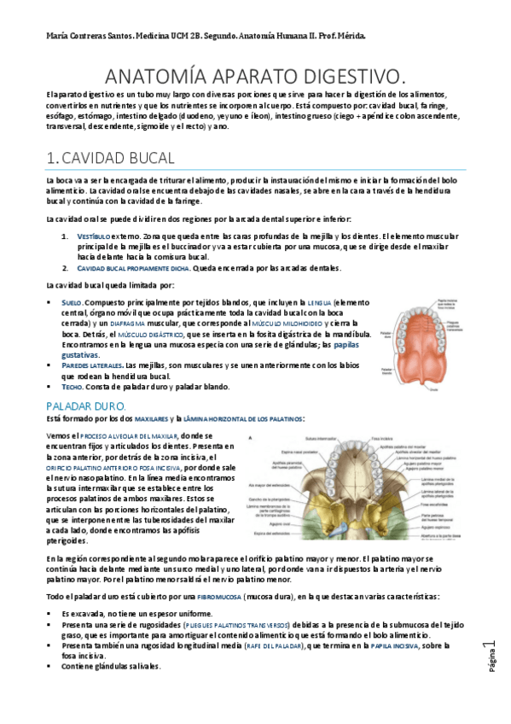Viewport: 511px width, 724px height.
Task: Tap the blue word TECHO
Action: pos(72,387)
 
